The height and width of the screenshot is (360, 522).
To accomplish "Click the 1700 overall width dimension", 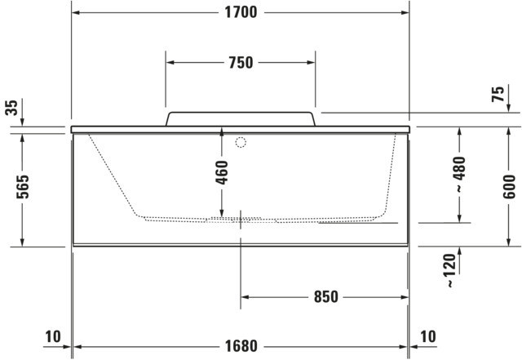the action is pos(241,13).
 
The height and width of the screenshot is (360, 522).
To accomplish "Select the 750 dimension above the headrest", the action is pos(241,63).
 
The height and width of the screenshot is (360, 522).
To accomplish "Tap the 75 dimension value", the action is pos(498,94).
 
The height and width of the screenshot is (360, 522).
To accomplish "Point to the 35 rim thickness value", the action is pos(11,107).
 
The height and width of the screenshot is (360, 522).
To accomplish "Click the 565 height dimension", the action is pos(23,187).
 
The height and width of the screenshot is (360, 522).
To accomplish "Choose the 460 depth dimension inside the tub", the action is pos(222,172).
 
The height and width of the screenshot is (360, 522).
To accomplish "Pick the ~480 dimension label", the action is pos(460,174).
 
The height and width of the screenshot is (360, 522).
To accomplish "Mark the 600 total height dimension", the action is pos(509,186).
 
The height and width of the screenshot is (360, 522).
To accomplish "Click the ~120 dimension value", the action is pos(450,271).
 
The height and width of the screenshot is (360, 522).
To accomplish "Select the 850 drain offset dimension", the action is pos(326,296).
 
